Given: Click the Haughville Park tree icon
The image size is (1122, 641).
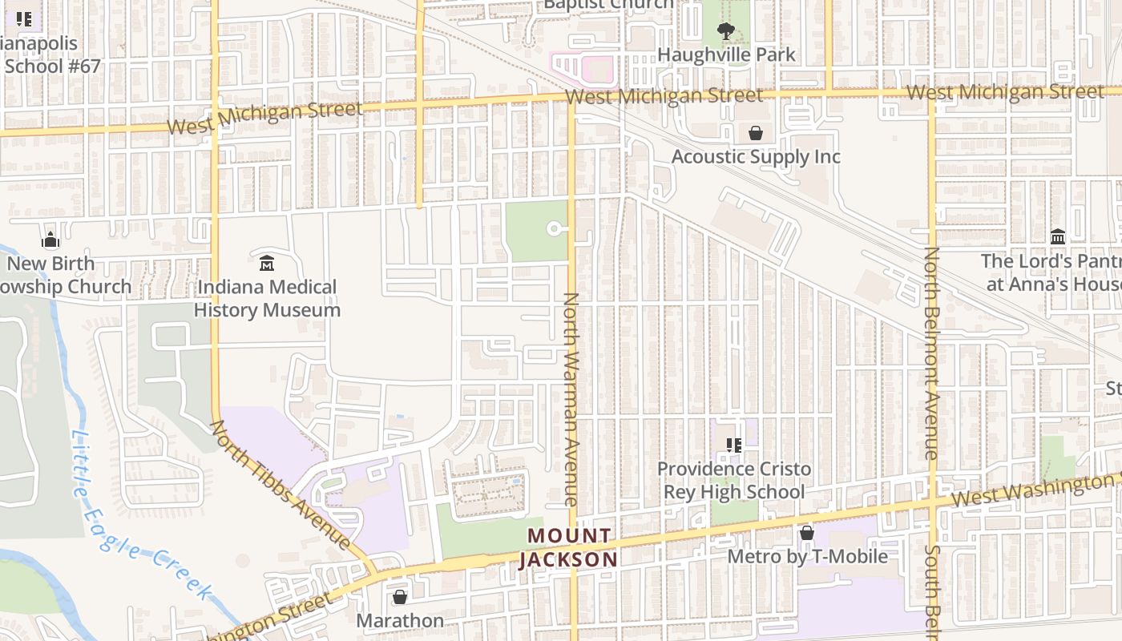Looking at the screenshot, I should pyautogui.click(x=726, y=32).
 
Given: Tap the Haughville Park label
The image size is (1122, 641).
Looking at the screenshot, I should pyautogui.click(x=726, y=54).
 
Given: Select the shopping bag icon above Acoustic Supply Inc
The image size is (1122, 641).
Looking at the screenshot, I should pyautogui.click(x=755, y=133).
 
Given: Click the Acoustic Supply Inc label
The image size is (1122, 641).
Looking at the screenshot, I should pyautogui.click(x=755, y=156).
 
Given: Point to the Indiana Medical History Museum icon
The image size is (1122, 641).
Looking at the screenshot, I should pyautogui.click(x=267, y=263).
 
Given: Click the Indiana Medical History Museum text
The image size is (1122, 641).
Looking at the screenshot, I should pyautogui.click(x=267, y=298).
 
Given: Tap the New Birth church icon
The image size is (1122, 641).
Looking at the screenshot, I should pyautogui.click(x=50, y=240).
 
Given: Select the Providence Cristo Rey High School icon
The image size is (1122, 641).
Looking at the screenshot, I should pyautogui.click(x=733, y=445).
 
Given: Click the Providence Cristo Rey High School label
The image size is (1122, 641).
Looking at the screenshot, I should pyautogui.click(x=733, y=480).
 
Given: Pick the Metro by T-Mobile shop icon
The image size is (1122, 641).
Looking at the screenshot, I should pyautogui.click(x=807, y=533).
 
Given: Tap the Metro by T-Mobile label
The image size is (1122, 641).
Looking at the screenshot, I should pyautogui.click(x=807, y=556).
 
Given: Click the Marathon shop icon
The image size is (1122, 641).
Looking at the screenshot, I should pyautogui.click(x=399, y=597).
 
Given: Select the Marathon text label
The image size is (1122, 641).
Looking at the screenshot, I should pyautogui.click(x=399, y=621).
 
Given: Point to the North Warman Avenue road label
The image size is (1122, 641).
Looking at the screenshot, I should pyautogui.click(x=571, y=399).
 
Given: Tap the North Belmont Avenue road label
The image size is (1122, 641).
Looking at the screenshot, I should pyautogui.click(x=931, y=353).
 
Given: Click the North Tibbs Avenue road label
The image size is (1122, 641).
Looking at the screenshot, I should pyautogui.click(x=280, y=485).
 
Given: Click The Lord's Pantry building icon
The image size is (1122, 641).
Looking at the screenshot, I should pyautogui.click(x=1058, y=237).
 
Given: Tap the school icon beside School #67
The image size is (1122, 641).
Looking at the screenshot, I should pyautogui.click(x=24, y=19).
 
